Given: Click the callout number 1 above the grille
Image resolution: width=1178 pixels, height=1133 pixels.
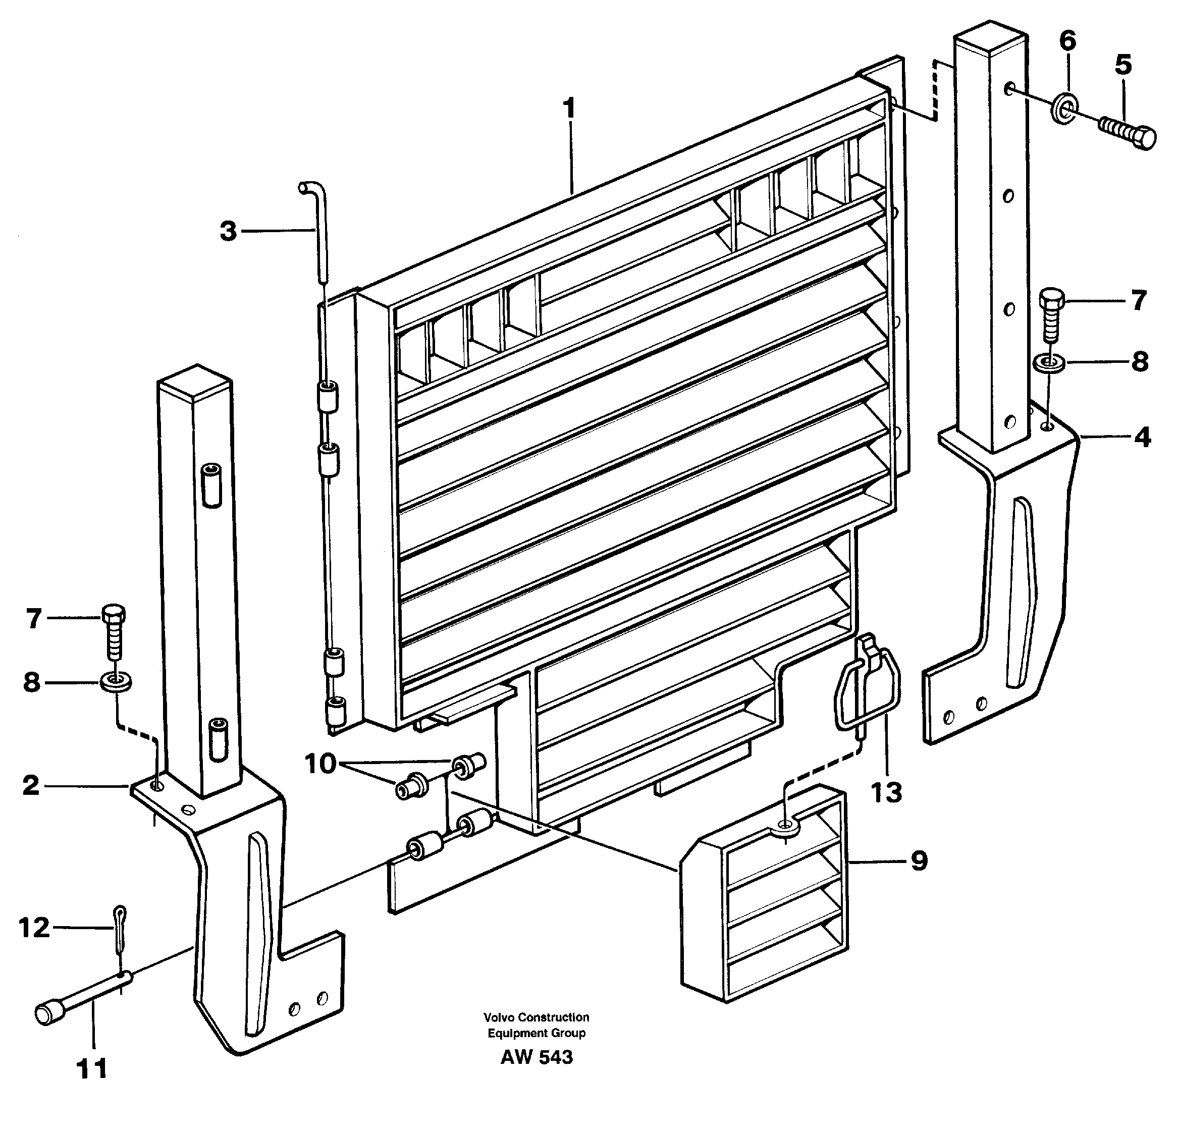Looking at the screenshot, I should (x=569, y=110).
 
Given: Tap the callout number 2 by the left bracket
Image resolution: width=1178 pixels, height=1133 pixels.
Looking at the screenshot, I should (x=31, y=785).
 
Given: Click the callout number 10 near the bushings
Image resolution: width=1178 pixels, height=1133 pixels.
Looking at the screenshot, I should (x=320, y=764).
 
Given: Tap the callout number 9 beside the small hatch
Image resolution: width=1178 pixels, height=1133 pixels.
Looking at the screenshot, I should (x=919, y=861).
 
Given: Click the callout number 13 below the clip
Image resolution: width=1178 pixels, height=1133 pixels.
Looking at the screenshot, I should (x=886, y=792).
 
